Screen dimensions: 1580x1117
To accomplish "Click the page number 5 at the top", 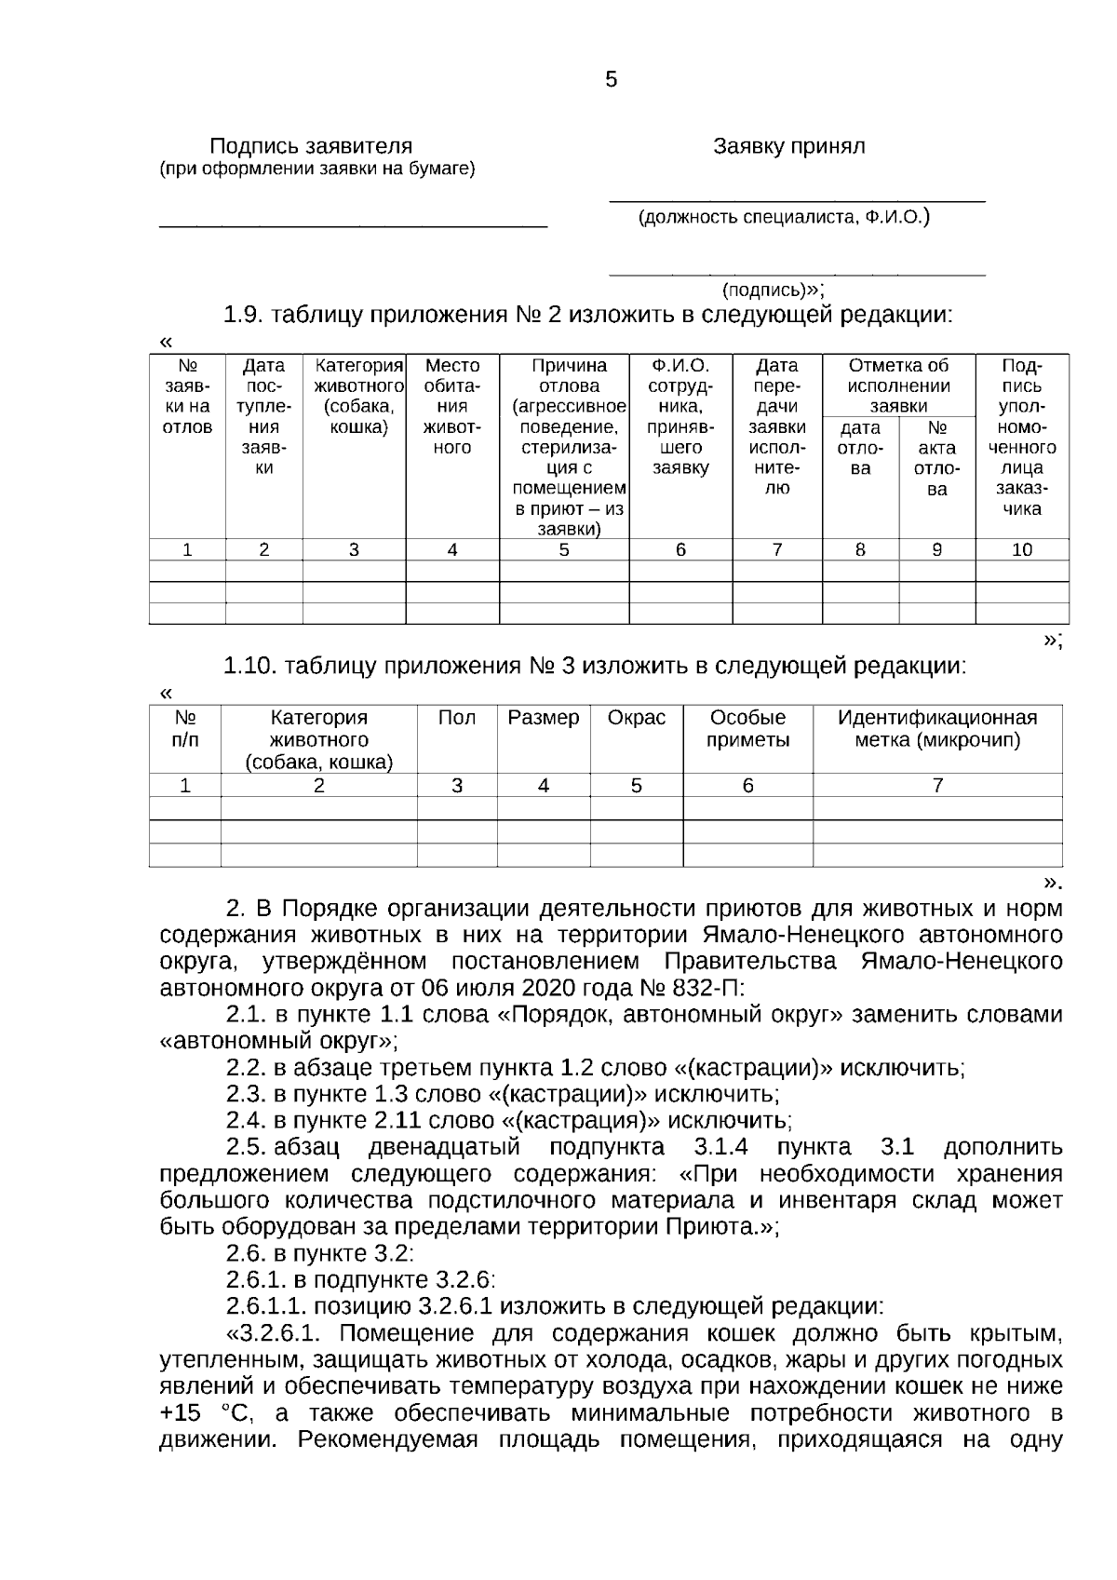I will tap(611, 80).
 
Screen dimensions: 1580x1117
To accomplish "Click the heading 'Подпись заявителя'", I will tap(310, 146).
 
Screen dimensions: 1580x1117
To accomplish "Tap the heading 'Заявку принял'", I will tap(788, 146).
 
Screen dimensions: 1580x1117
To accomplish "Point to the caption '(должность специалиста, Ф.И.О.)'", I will tap(784, 218).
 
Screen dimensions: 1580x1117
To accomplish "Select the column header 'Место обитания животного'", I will tap(451, 407).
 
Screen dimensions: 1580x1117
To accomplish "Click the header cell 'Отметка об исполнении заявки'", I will tap(898, 385).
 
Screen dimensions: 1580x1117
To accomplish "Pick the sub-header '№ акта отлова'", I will tap(936, 458).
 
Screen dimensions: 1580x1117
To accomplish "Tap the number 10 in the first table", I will tap(1021, 550).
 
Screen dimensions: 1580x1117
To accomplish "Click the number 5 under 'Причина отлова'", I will tap(563, 550).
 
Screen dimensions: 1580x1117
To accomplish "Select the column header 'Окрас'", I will tap(636, 718).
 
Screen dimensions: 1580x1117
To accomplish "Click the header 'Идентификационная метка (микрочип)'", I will tap(936, 729).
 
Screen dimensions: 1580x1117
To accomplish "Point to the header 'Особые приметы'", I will tap(747, 729).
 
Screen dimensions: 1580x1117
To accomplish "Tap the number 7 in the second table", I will tap(937, 786).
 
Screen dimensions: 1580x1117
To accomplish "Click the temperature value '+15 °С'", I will tap(205, 1413).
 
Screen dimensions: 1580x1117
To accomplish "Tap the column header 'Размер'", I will tap(543, 718).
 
